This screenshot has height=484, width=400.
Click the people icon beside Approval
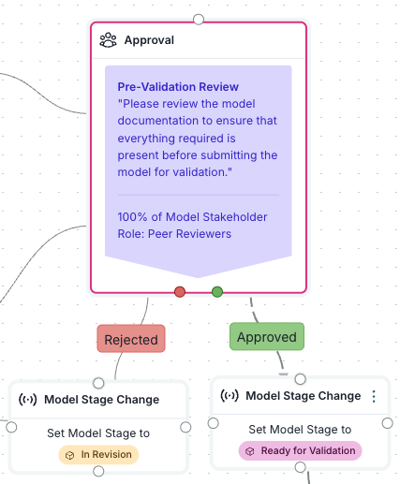pyautogui.click(x=108, y=40)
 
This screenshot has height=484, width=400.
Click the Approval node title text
pyautogui.click(x=149, y=40)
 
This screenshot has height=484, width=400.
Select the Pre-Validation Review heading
pyautogui.click(x=178, y=87)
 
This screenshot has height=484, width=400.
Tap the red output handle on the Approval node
pyautogui.click(x=180, y=292)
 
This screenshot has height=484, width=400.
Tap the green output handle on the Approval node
pyautogui.click(x=217, y=292)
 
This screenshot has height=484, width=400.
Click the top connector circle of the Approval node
pyautogui.click(x=199, y=20)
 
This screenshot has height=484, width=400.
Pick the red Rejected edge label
pyautogui.click(x=131, y=339)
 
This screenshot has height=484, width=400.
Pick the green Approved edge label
pyautogui.click(x=267, y=336)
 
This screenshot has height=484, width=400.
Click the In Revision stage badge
pyautogui.click(x=98, y=455)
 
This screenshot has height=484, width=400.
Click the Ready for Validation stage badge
pyautogui.click(x=300, y=451)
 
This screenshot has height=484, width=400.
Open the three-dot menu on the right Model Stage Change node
pyautogui.click(x=374, y=396)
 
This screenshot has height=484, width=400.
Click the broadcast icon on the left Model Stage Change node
pyautogui.click(x=28, y=400)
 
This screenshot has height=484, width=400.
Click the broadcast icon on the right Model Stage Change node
pyautogui.click(x=230, y=396)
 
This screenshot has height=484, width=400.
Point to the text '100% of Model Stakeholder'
pyautogui.click(x=192, y=217)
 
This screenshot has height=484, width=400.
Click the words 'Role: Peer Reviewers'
pyautogui.click(x=174, y=234)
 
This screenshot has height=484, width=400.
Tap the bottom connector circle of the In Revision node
pyautogui.click(x=98, y=471)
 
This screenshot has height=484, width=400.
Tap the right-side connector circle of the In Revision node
pyautogui.click(x=185, y=427)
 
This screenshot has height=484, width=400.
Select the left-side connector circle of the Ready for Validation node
pyautogui.click(x=214, y=423)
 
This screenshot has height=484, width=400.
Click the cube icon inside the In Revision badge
pyautogui.click(x=69, y=455)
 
